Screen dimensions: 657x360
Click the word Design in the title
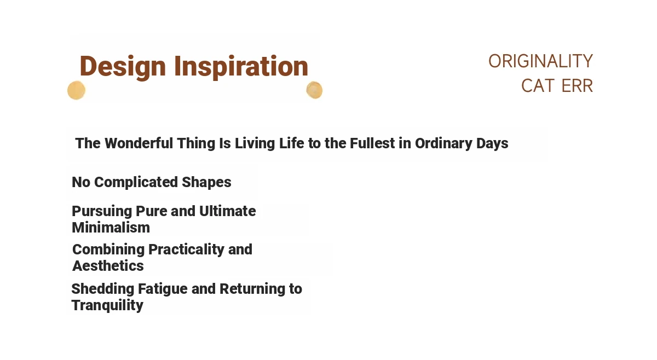pyautogui.click(x=123, y=67)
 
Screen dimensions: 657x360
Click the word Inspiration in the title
pyautogui.click(x=241, y=67)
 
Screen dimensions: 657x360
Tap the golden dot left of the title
pyautogui.click(x=76, y=90)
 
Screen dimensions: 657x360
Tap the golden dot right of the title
pyautogui.click(x=314, y=90)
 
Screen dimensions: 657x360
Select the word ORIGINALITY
pyautogui.click(x=540, y=61)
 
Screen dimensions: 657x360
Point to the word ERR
pyautogui.click(x=577, y=86)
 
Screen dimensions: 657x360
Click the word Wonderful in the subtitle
pyautogui.click(x=139, y=143)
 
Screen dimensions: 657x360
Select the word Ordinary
pyautogui.click(x=443, y=144)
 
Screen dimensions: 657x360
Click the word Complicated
pyautogui.click(x=136, y=183)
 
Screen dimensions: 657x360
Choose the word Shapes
pyautogui.click(x=206, y=183)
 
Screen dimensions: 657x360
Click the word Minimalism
pyautogui.click(x=111, y=228)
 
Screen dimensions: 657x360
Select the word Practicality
pyautogui.click(x=186, y=250)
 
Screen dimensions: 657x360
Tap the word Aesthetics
pyautogui.click(x=108, y=266)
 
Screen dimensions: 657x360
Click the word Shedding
pyautogui.click(x=103, y=289)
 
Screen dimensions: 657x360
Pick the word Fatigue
pyautogui.click(x=163, y=289)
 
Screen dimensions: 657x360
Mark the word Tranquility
pyautogui.click(x=107, y=306)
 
